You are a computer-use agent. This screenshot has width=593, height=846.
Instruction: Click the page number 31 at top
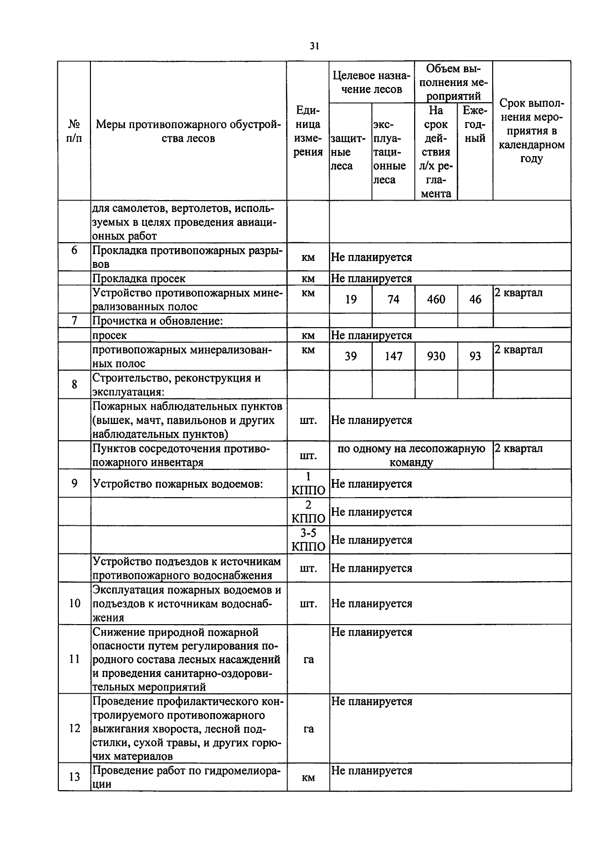pos(314,46)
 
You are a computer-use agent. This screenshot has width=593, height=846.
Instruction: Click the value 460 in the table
pos(436,299)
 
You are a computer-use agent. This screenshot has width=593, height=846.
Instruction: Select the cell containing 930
pos(436,356)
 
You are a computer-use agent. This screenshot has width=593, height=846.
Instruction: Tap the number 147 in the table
pos(393,356)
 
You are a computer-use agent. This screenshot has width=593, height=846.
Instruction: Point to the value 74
pos(393,299)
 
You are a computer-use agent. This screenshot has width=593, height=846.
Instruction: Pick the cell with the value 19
pos(350,299)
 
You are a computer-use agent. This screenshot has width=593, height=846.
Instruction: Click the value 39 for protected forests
pos(350,356)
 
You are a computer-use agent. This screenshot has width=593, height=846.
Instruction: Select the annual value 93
pos(475,356)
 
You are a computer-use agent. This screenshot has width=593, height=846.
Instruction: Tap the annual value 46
pos(475,299)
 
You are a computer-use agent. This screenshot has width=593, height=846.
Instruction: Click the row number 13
pos(74,777)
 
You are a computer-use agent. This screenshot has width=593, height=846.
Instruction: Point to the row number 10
pos(74,603)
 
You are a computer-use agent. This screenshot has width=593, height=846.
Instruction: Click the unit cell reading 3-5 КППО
pos(308,540)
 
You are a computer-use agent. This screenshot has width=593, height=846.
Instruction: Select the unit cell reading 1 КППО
pos(308,483)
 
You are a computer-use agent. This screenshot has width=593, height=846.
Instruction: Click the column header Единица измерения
pos(308,131)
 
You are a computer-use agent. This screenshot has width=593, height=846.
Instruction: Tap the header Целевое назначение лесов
pos(372,82)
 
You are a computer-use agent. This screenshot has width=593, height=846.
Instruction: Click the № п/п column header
pos(74,131)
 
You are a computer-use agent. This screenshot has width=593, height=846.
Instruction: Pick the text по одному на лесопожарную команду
pos(411,456)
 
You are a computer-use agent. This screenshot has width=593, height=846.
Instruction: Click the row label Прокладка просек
pos(139,279)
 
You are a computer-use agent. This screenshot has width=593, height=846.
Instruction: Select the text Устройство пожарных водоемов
pos(177,484)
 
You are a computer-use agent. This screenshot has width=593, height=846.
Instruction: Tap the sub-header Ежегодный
pos(475,125)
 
